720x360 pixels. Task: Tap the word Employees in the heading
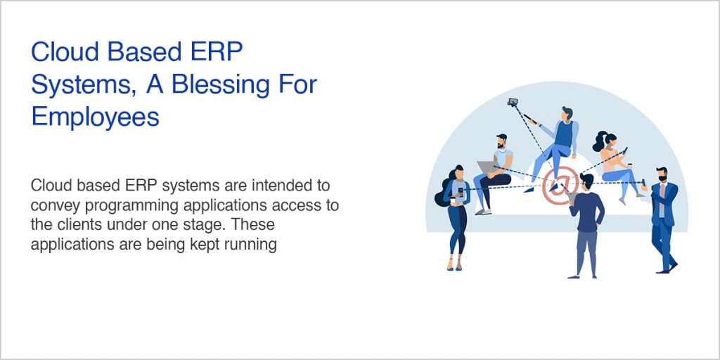click(95, 116)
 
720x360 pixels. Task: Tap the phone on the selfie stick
click(513, 102)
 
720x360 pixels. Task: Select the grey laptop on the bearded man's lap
click(487, 167)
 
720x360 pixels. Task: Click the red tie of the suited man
click(662, 191)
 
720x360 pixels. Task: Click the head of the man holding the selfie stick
click(567, 113)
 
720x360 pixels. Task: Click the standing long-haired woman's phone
click(461, 191)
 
